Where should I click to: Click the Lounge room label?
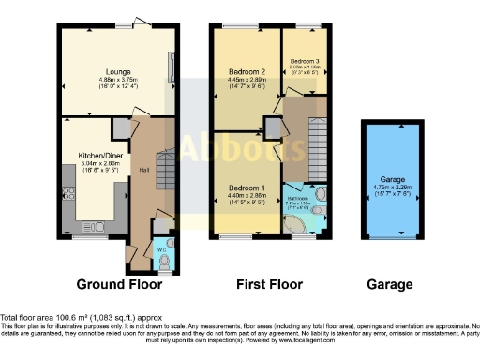pos(117,71)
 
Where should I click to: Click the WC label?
pos(160,249)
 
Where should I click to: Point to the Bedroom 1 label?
pos(248,187)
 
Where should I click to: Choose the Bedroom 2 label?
pos(248,71)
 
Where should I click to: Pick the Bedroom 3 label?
pos(304,59)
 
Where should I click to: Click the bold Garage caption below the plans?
pos(390,284)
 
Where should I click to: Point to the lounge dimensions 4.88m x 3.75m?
pos(117,80)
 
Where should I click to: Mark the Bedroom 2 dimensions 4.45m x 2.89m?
pos(248,80)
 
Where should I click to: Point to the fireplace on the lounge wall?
pos(171,67)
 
